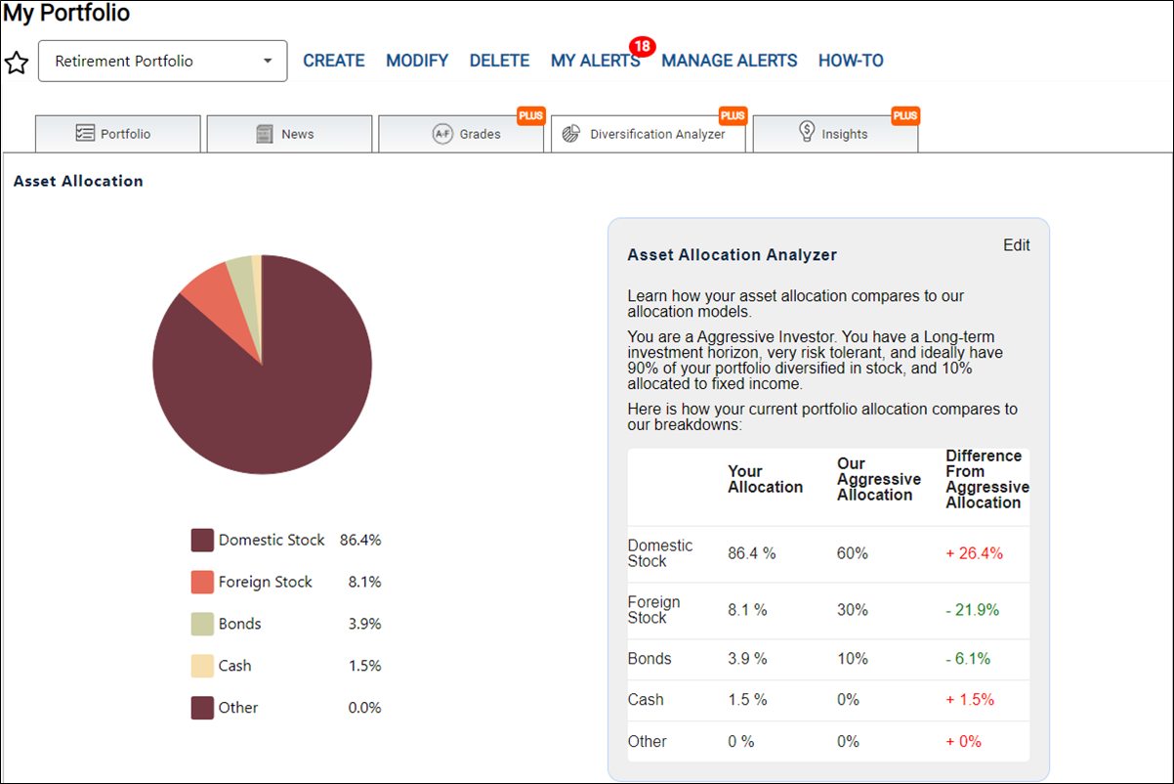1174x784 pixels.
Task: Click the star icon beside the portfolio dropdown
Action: pyautogui.click(x=17, y=63)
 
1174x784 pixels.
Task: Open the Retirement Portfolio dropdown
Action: pyautogui.click(x=162, y=61)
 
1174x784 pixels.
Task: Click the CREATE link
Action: pyautogui.click(x=334, y=61)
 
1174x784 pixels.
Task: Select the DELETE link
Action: pyautogui.click(x=499, y=61)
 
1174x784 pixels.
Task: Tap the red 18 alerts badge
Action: pyautogui.click(x=643, y=46)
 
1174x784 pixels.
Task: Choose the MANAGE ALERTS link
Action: pyautogui.click(x=729, y=61)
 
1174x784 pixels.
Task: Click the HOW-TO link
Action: pyautogui.click(x=851, y=61)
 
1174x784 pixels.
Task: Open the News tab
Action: pyautogui.click(x=289, y=134)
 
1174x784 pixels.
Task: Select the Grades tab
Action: pyautogui.click(x=461, y=134)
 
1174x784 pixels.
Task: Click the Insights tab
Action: pyautogui.click(x=835, y=134)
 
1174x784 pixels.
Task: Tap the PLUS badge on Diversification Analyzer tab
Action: pyautogui.click(x=733, y=115)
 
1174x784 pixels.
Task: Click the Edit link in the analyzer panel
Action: pyautogui.click(x=1016, y=245)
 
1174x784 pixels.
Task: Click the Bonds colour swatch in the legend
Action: pyautogui.click(x=202, y=624)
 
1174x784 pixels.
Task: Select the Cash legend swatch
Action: pyautogui.click(x=202, y=666)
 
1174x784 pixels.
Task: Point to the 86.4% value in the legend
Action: pyautogui.click(x=360, y=541)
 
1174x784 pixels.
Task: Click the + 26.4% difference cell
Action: pyautogui.click(x=974, y=553)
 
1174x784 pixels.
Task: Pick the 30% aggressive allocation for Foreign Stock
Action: pyautogui.click(x=853, y=610)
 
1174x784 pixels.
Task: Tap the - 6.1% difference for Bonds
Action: pyautogui.click(x=968, y=659)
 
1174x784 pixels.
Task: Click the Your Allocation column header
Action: pyautogui.click(x=765, y=479)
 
